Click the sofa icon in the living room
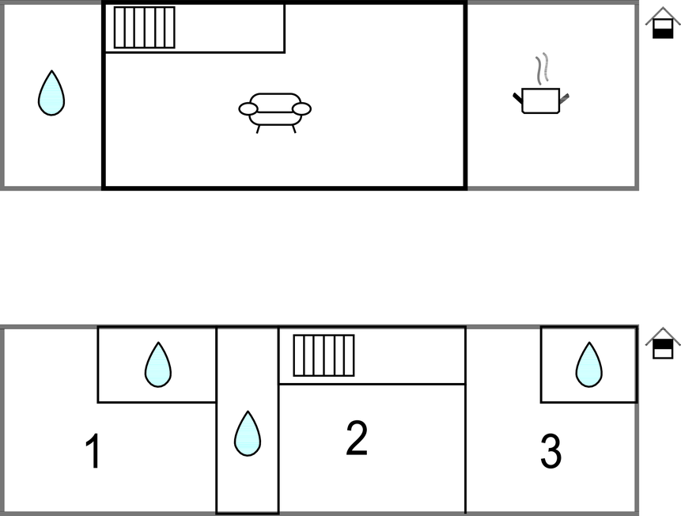tap(275, 113)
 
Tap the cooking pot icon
tap(541, 101)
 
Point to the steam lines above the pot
tap(542, 68)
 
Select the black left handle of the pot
tap(517, 98)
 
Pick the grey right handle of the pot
tap(564, 99)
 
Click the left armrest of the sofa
tap(248, 108)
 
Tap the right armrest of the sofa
tap(301, 108)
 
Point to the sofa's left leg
tap(258, 129)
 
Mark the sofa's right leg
tap(294, 129)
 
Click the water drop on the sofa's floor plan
tap(51, 93)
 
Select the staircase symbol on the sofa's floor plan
tap(145, 28)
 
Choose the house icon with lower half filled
tap(663, 23)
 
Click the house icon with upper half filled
tap(663, 343)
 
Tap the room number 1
tap(93, 451)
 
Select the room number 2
tap(357, 438)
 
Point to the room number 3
tap(550, 451)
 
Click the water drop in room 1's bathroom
tap(158, 365)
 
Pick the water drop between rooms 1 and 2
tap(248, 434)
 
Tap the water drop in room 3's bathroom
tap(589, 365)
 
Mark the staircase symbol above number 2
tap(324, 355)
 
